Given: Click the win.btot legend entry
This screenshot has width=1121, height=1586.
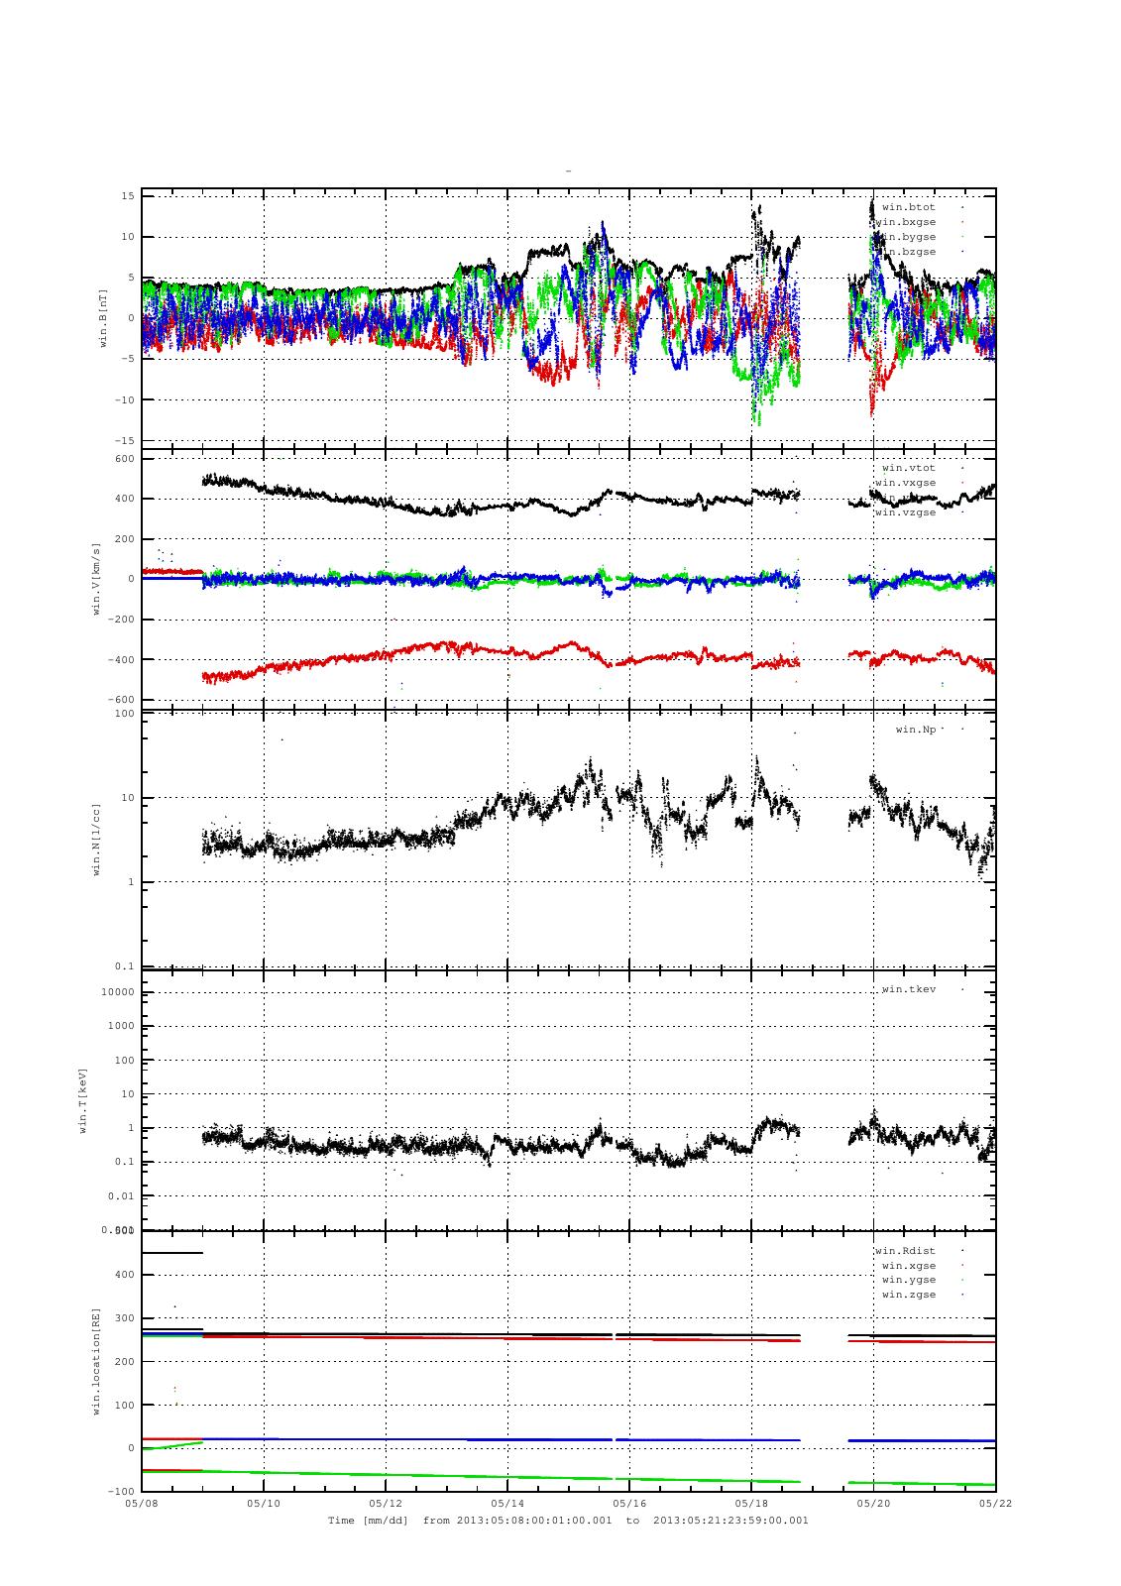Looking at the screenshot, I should tap(908, 207).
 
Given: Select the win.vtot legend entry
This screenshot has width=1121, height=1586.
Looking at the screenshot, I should tap(908, 468).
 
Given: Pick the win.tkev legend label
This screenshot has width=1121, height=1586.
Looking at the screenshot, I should tap(908, 989).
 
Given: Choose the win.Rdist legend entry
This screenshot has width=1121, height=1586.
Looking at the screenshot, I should tap(905, 1251).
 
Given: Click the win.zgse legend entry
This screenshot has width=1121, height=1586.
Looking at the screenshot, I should tap(908, 1295).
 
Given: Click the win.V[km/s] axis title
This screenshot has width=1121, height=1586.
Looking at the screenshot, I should tap(97, 579).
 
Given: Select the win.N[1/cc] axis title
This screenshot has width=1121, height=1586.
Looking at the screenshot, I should tap(97, 840).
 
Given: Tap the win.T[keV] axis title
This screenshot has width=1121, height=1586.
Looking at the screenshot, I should tap(84, 1099).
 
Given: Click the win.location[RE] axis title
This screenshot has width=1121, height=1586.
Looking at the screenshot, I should tap(97, 1360).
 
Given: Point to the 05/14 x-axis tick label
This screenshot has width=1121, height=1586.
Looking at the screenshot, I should tap(506, 1503).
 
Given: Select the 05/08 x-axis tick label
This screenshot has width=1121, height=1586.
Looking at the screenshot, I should tap(142, 1503).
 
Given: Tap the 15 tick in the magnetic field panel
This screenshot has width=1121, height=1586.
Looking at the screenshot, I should tap(127, 196).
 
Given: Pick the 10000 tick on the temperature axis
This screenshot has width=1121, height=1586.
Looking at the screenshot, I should tap(118, 992).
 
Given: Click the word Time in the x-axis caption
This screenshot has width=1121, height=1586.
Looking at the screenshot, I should tap(340, 1520).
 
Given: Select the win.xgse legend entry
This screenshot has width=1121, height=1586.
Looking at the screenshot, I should tap(908, 1266).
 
